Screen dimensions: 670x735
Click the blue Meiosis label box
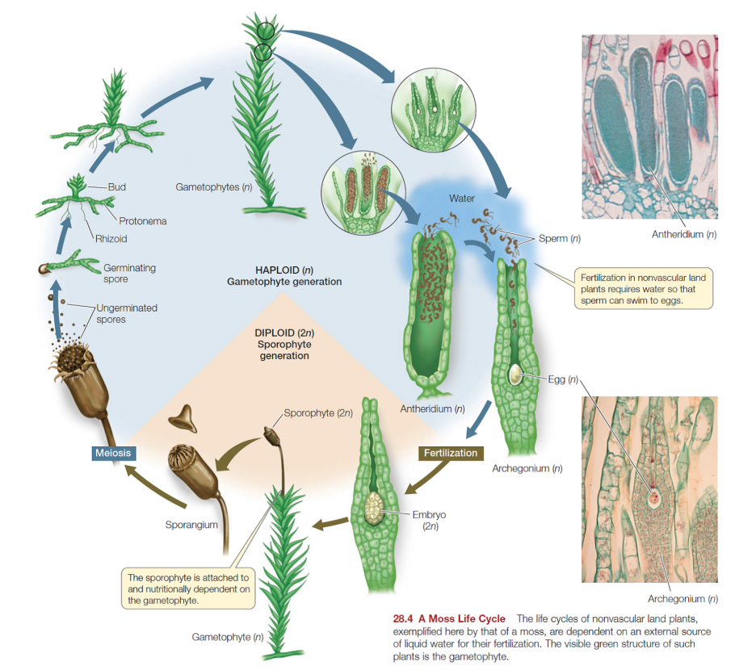coord(112,453)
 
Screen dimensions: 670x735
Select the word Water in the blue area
coord(462,198)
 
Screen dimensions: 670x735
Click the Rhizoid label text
coord(111,239)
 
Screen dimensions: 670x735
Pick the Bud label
coord(116,187)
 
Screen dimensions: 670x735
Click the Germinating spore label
coord(129,273)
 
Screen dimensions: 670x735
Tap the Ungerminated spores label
coord(126,313)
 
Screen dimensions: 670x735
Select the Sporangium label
coord(191,526)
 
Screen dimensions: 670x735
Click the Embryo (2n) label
coord(429,520)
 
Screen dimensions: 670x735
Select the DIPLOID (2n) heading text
coord(283,333)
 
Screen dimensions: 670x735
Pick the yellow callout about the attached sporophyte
coord(188,588)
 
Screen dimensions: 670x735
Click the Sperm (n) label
coord(560,239)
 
